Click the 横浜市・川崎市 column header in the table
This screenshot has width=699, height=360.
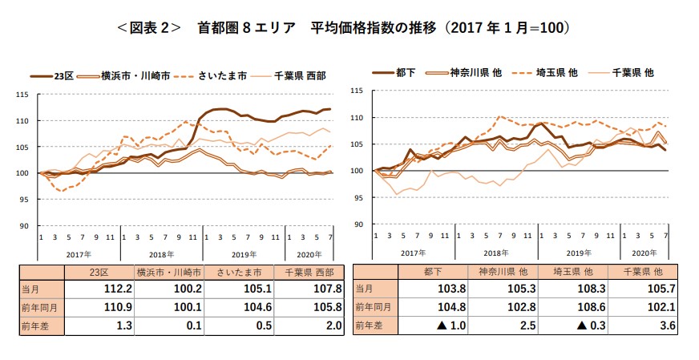(169, 273)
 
